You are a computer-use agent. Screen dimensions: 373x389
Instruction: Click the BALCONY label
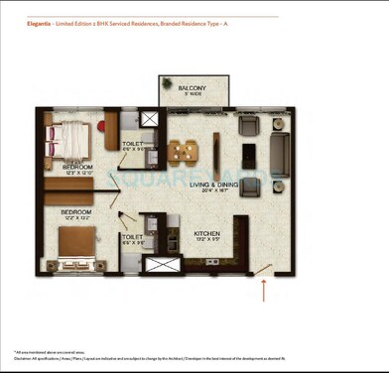point(193,89)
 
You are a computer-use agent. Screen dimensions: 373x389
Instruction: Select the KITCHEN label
point(206,234)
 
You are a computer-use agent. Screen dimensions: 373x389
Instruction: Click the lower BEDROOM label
point(75,212)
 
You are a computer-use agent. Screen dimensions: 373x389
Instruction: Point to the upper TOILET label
point(134,145)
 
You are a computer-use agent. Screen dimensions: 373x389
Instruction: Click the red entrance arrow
point(264,290)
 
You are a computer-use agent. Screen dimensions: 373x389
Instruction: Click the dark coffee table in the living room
point(250,156)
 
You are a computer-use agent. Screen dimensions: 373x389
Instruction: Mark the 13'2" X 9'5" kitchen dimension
point(206,241)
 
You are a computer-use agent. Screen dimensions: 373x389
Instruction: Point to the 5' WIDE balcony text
point(192,96)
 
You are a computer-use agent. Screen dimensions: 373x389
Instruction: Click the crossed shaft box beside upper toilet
point(149,119)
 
